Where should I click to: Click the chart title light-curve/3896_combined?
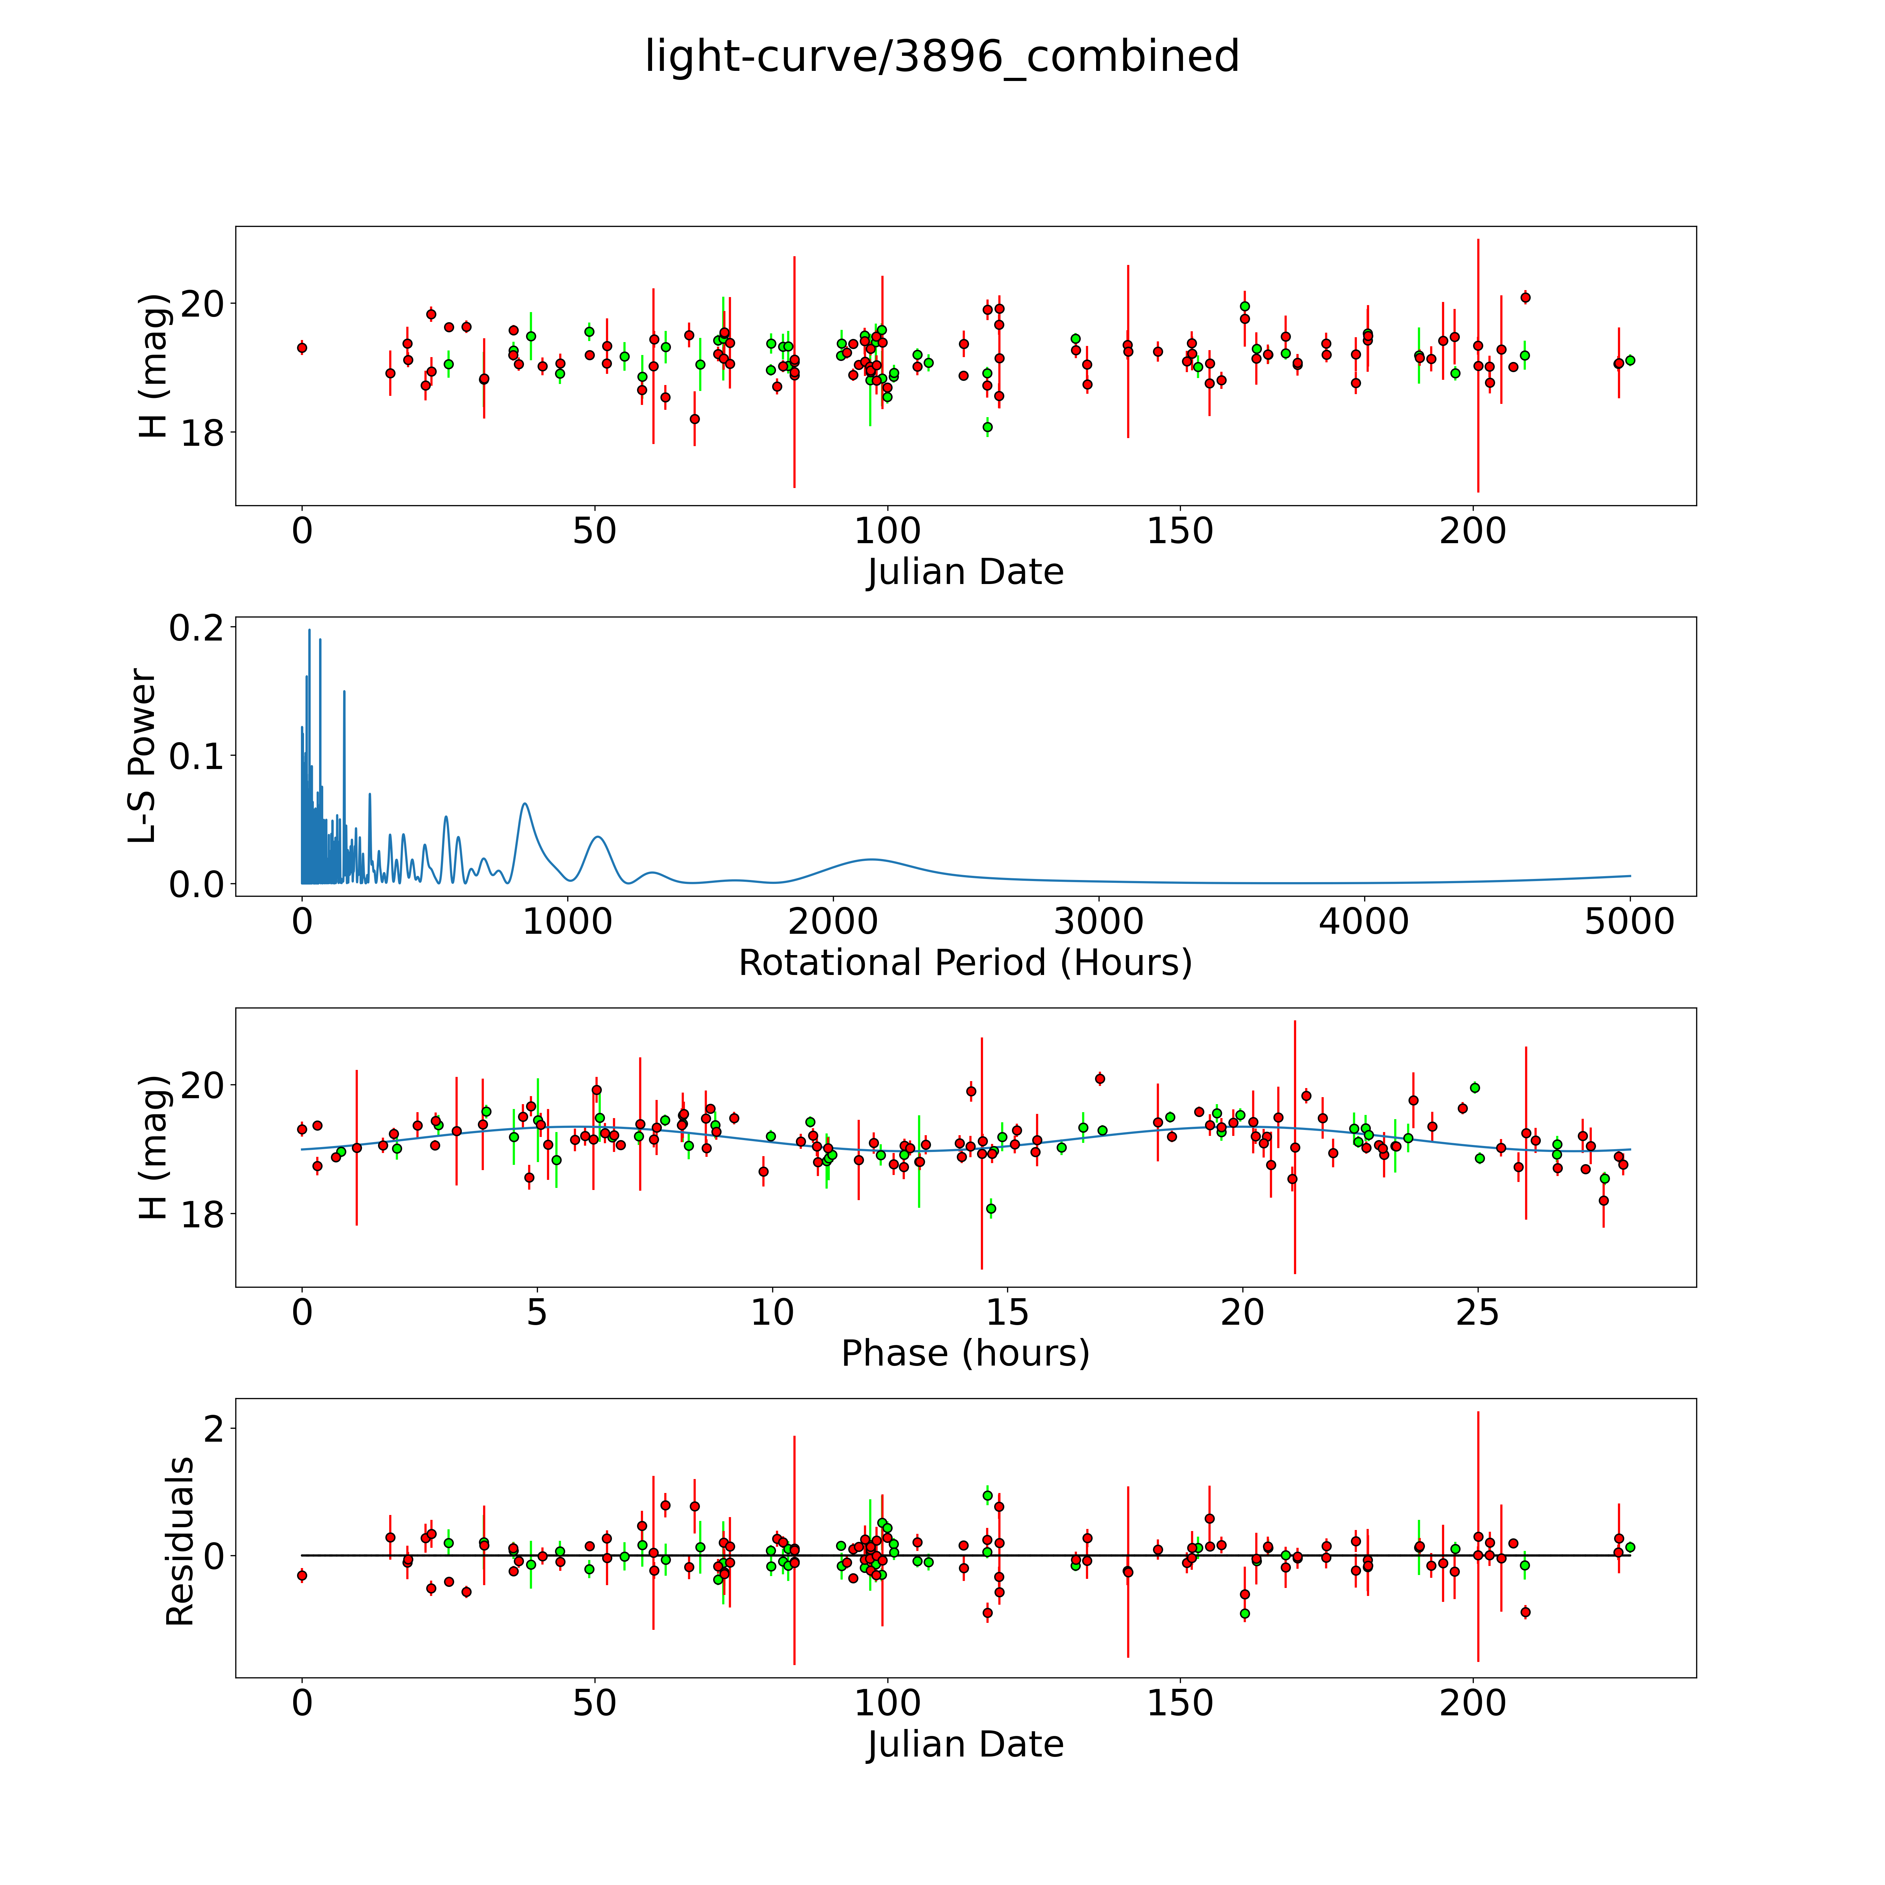click(941, 57)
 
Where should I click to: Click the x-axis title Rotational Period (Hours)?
click(965, 963)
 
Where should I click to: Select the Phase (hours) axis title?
click(965, 1353)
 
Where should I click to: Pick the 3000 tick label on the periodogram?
click(1099, 921)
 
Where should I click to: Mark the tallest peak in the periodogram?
click(309, 630)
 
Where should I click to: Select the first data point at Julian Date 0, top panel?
click(302, 347)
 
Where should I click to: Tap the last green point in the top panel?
click(1629, 360)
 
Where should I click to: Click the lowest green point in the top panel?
click(988, 426)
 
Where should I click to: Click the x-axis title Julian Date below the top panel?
click(965, 572)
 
